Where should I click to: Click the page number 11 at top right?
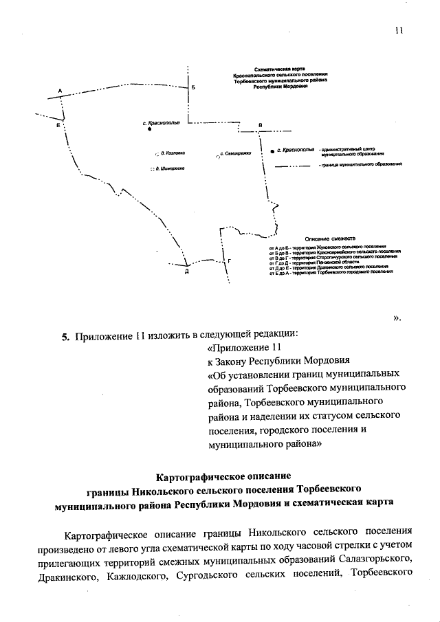(x=398, y=30)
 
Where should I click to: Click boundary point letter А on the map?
(x=60, y=91)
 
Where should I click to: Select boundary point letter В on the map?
(x=259, y=124)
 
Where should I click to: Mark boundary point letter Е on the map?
(x=58, y=126)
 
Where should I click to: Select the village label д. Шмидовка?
(x=173, y=168)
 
